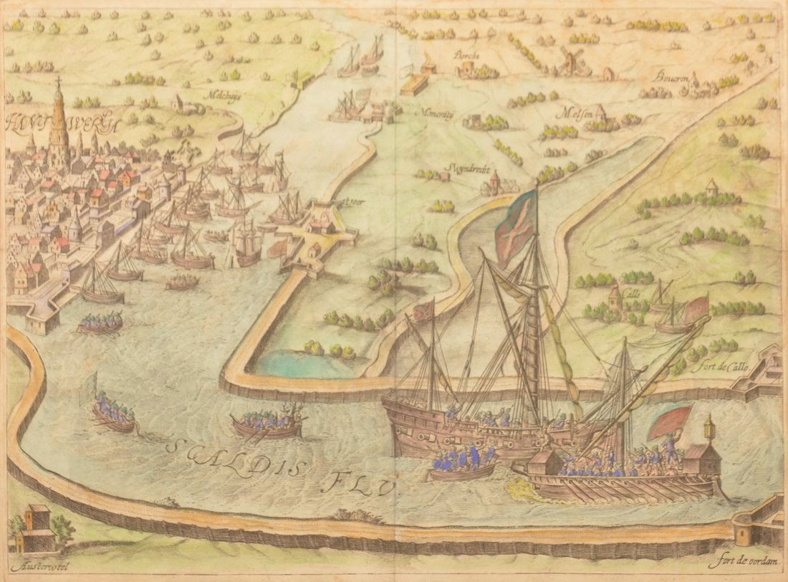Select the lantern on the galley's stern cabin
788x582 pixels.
click(x=709, y=428)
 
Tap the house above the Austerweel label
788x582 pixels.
click(x=37, y=523)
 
